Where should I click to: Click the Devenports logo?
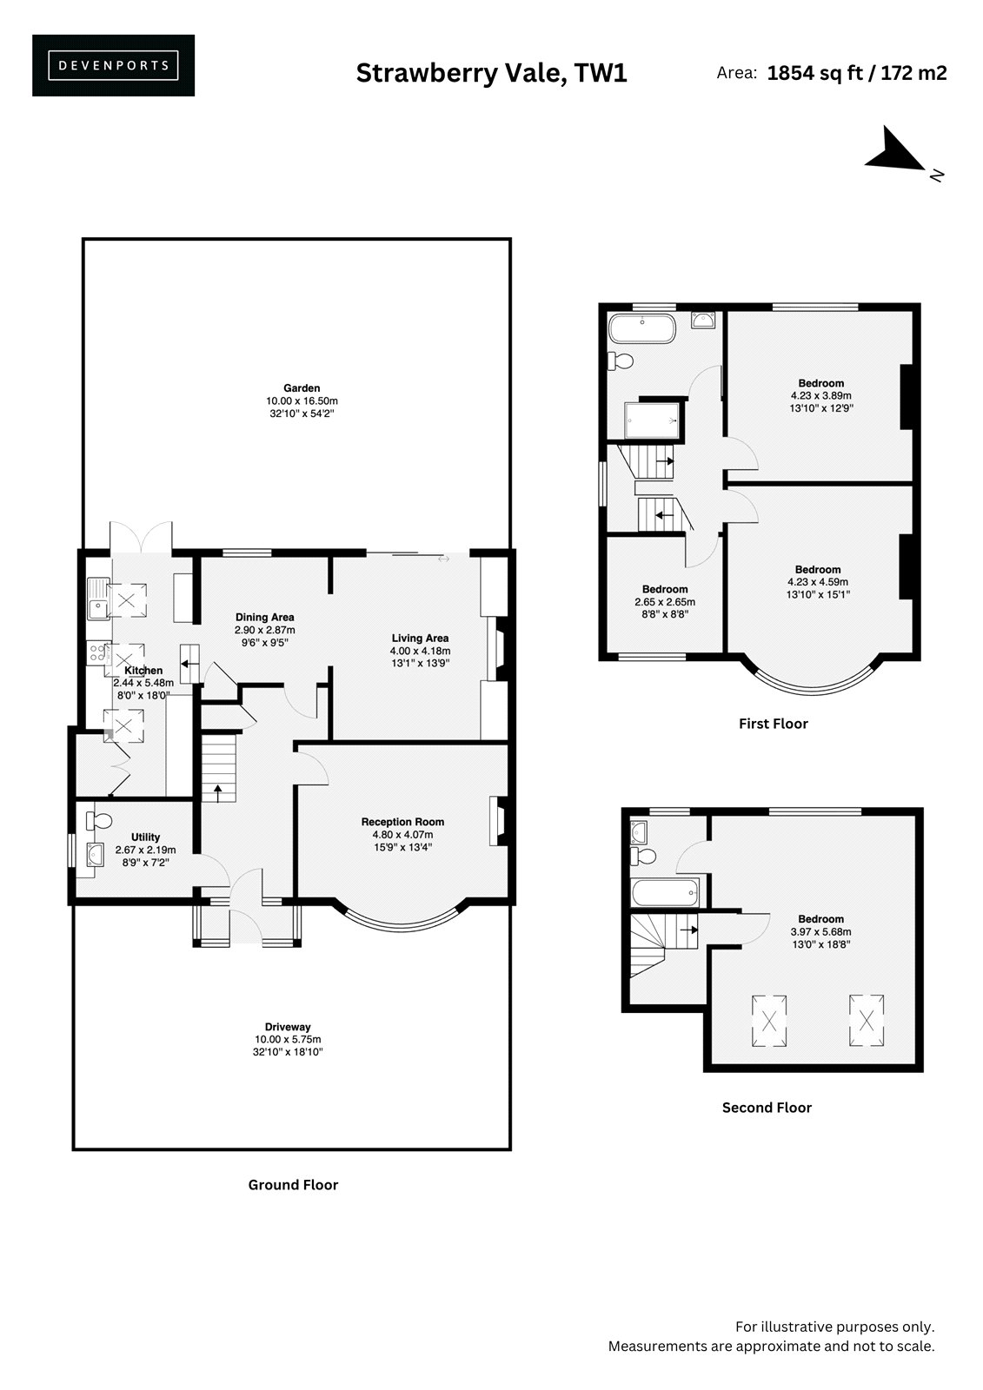tap(113, 65)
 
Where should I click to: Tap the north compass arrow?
tap(895, 151)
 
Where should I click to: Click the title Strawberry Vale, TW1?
tap(491, 73)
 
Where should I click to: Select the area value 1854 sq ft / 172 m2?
tap(857, 73)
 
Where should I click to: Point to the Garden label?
tap(302, 388)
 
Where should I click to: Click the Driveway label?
tap(288, 1027)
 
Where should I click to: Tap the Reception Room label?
tap(403, 822)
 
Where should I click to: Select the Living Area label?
tap(420, 638)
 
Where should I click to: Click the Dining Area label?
tap(264, 617)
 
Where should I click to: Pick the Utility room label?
tap(145, 837)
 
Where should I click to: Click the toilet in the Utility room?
tap(99, 821)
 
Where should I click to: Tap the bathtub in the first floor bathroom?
tap(642, 328)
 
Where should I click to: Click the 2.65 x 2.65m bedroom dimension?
tap(665, 602)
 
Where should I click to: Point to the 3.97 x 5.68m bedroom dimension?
tap(821, 931)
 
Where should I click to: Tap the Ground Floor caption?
tap(293, 1185)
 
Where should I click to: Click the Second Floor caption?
tap(767, 1108)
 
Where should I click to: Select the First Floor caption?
tap(774, 724)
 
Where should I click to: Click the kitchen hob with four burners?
tap(97, 652)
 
